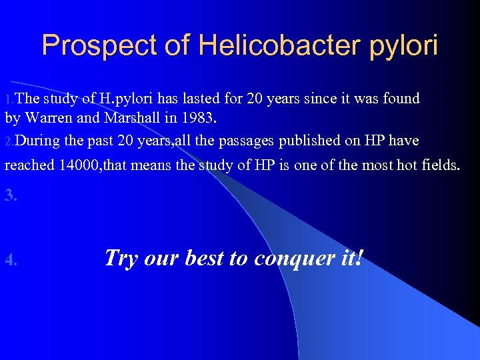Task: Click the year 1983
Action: (195, 119)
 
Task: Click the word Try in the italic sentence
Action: (120, 258)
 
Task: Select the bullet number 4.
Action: (11, 260)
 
